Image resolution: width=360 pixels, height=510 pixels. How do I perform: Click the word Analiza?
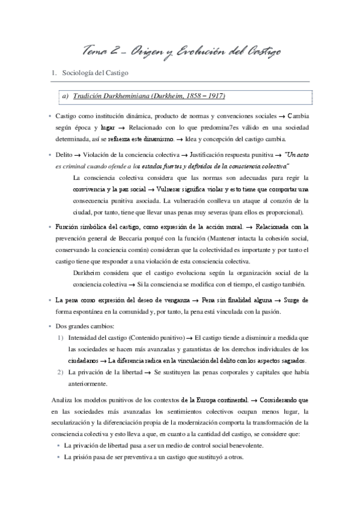coord(59,401)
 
